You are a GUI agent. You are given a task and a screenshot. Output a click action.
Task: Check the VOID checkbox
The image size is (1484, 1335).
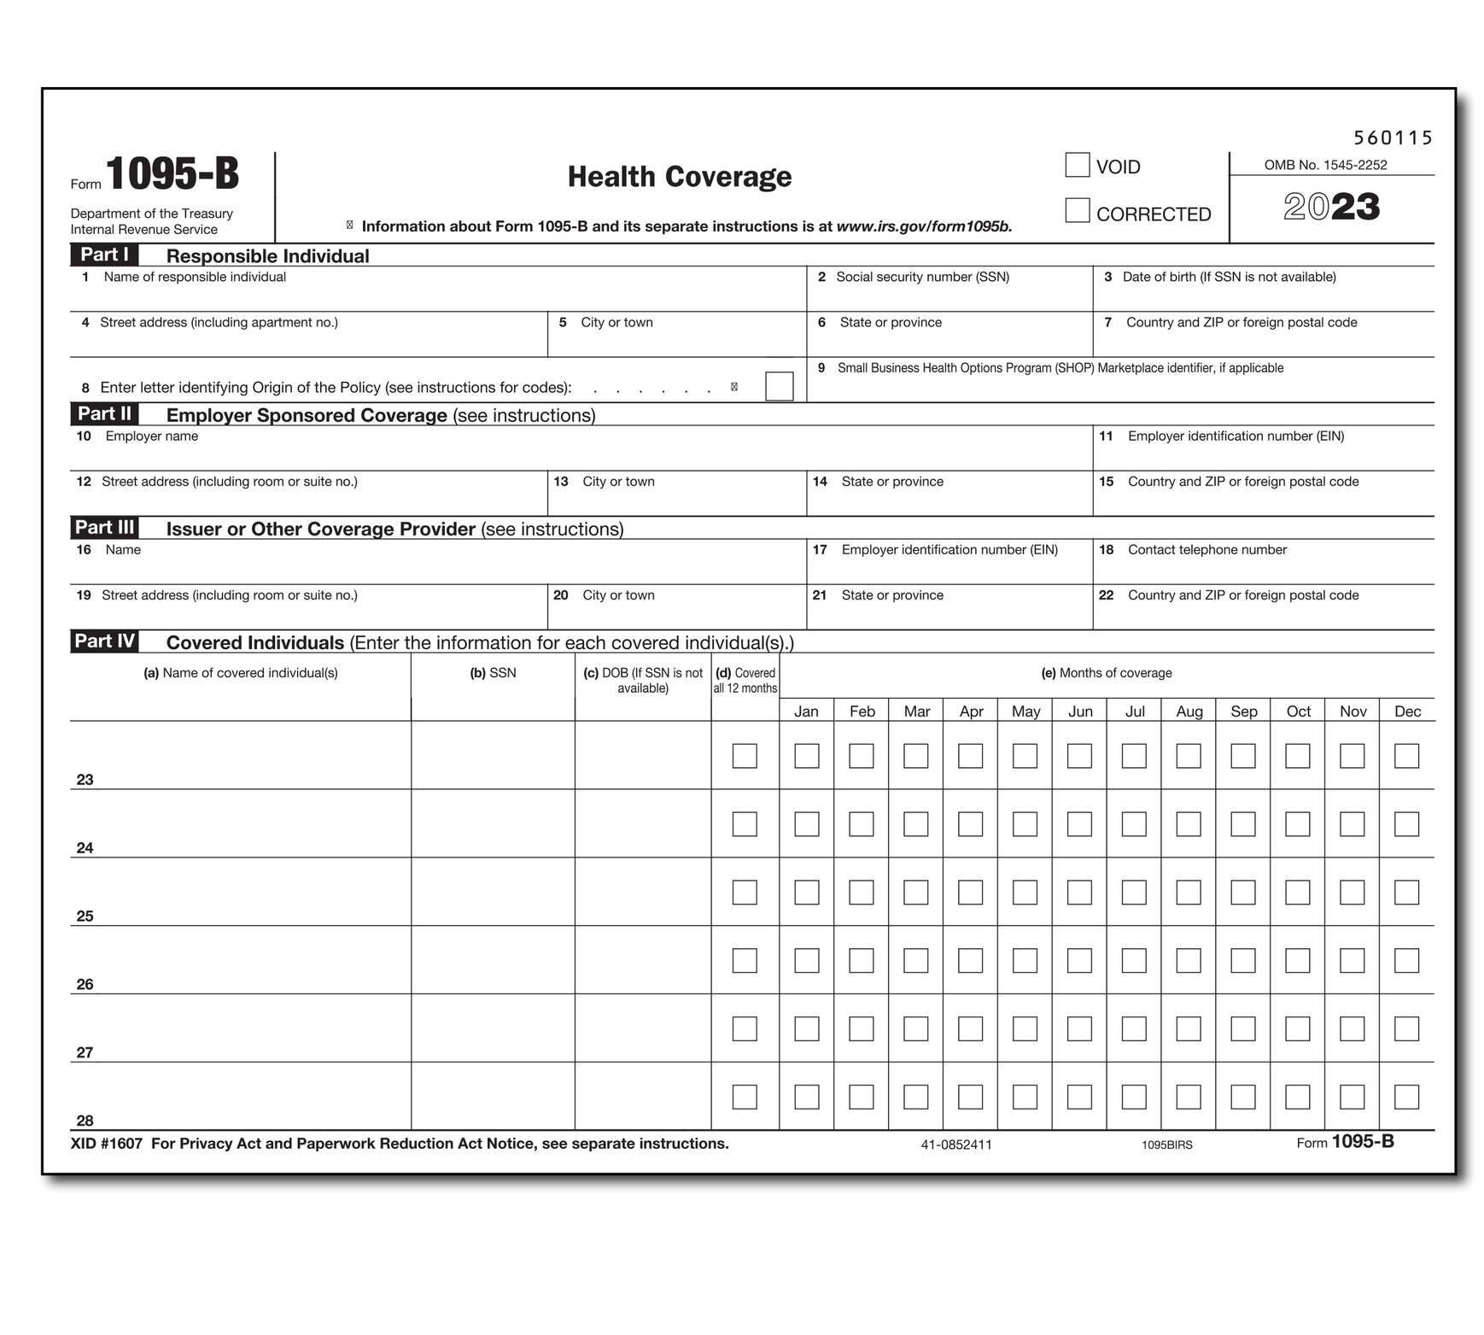coord(1077,165)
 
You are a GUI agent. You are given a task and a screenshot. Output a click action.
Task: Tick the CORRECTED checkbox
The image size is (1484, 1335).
coord(1077,211)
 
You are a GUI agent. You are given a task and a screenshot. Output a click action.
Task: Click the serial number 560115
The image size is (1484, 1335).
coord(1393,138)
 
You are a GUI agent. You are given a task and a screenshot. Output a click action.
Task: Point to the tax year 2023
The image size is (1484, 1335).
coord(1331,208)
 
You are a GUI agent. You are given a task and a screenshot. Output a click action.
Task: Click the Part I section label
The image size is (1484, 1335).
coord(104,255)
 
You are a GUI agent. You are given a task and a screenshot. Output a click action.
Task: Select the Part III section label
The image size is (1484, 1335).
coord(104,528)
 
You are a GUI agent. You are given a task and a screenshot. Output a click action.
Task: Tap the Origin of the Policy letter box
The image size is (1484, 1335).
coord(779,386)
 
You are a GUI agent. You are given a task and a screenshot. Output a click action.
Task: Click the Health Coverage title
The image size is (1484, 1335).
coord(680,177)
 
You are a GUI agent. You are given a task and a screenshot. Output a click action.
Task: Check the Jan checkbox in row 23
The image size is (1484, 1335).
coord(806,756)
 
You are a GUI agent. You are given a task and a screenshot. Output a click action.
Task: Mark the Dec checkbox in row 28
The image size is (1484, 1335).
coord(1406,1097)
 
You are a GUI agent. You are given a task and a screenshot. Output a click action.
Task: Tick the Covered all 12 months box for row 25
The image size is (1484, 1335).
coord(745,893)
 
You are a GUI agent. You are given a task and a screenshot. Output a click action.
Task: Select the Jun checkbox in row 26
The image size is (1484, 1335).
coord(1079,961)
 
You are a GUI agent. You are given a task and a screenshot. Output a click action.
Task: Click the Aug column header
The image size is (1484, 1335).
coord(1189,711)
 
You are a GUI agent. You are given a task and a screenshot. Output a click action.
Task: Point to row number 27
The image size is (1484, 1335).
coord(85,1052)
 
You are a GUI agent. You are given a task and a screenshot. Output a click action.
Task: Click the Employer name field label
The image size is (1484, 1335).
coord(151,436)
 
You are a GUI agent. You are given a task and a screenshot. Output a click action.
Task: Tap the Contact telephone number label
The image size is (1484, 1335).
coord(1206,550)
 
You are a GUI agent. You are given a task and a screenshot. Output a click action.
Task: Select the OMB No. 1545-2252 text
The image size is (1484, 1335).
coord(1325,165)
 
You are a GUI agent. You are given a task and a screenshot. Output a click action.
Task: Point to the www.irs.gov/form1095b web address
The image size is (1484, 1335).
coord(924,226)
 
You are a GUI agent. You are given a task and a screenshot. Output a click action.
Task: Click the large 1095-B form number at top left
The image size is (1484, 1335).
coord(172,174)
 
